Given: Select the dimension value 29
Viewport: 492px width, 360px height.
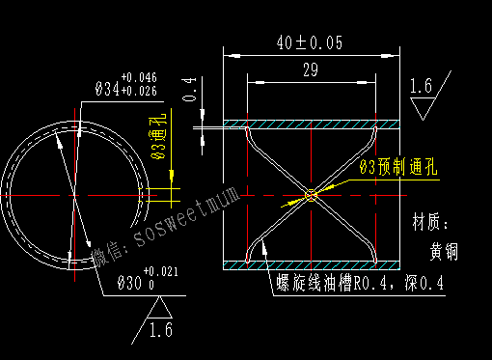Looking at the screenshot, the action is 310,69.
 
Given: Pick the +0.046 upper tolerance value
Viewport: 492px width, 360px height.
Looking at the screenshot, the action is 140,77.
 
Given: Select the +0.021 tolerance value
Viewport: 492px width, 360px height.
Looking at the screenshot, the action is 161,272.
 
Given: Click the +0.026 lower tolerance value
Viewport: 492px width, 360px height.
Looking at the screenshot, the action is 140,91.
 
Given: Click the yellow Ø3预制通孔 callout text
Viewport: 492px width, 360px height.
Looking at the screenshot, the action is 397,167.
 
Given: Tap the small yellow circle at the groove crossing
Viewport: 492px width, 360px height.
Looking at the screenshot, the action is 311,196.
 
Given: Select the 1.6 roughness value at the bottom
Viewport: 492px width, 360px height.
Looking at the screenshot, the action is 160,331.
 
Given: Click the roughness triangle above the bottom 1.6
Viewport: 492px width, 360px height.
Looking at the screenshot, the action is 160,308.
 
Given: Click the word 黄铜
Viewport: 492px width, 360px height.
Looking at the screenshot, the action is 445,251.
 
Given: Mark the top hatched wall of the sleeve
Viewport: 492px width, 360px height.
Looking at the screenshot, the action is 311,125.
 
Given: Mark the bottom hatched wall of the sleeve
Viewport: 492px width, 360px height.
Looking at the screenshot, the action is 311,264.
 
